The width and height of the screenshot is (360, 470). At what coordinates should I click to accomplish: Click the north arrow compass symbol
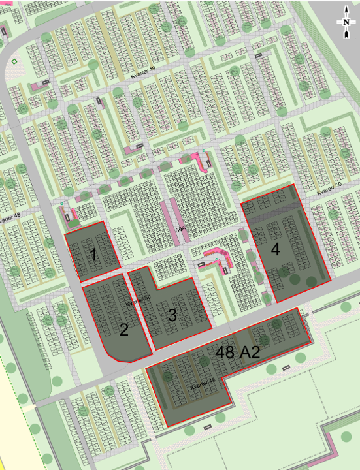344,21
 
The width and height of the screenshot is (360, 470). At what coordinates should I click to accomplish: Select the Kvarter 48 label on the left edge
9,217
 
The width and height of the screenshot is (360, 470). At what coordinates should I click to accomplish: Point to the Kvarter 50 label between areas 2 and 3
138,302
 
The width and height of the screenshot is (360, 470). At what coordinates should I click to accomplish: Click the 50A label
181,230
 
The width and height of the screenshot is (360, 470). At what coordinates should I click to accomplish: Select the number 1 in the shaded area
93,255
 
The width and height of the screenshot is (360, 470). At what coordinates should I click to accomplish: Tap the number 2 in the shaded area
123,330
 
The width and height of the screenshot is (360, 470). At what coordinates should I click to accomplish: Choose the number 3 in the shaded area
172,315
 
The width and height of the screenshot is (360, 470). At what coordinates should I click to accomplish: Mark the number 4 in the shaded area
275,249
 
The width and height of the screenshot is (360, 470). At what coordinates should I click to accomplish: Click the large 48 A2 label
238,353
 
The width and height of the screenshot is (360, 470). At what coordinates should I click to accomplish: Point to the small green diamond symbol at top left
14,61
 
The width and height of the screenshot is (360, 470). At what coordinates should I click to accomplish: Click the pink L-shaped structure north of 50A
200,161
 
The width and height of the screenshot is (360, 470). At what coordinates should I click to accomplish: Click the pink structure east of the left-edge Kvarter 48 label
68,213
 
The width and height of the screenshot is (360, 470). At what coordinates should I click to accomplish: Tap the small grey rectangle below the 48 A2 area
208,427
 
